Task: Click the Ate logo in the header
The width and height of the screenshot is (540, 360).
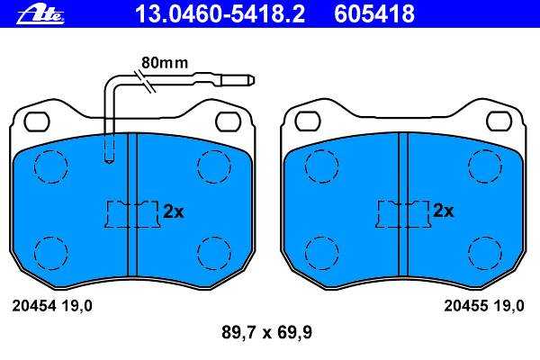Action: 40,15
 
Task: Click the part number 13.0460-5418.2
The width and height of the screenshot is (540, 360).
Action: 220,13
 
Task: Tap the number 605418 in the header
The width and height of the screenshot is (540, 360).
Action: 374,13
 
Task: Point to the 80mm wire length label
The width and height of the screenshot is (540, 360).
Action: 165,63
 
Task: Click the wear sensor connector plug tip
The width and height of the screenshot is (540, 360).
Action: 252,80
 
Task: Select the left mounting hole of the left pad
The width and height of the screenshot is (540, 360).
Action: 37,121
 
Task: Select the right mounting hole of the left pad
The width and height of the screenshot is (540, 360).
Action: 228,121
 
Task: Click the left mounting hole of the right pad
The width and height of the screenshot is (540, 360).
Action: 308,121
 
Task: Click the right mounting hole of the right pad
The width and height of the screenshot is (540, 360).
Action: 499,121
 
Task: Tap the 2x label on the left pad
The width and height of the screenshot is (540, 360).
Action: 174,211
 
